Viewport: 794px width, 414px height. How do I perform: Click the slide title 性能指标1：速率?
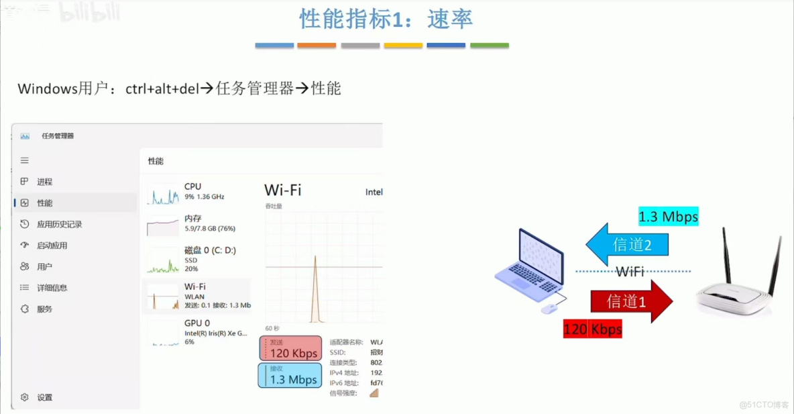386,19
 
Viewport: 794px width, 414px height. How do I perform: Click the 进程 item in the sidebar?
44,182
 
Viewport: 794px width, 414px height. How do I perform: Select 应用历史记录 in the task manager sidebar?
59,224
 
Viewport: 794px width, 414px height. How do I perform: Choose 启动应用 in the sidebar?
52,246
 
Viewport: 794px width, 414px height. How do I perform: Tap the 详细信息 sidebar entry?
52,288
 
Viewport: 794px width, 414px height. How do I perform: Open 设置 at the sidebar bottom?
44,397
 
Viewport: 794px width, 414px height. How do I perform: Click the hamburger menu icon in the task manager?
25,160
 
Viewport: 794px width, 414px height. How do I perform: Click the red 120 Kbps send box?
290,348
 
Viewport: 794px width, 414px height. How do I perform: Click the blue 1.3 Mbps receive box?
290,375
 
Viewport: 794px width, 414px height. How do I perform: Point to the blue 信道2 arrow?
627,245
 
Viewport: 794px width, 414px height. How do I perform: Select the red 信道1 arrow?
631,301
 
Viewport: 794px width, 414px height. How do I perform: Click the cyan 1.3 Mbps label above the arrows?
668,217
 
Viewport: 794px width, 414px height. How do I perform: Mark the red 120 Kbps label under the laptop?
592,329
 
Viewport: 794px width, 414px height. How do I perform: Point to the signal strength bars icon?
374,393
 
